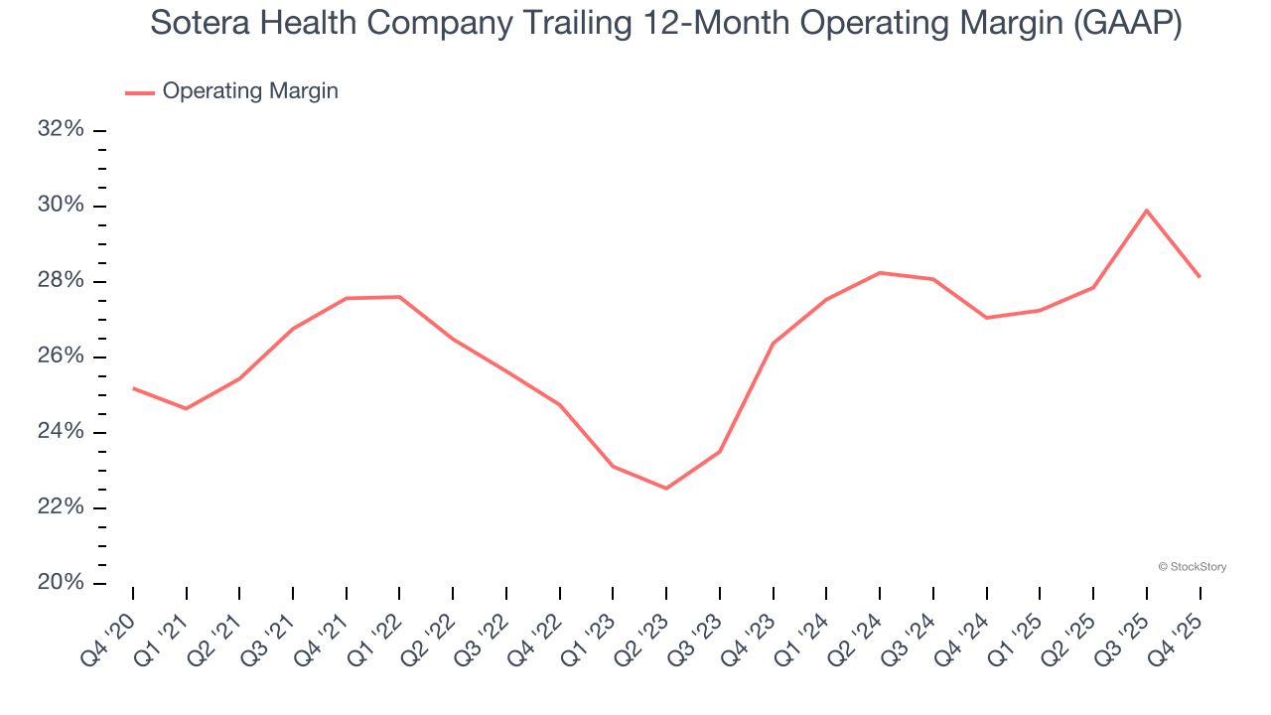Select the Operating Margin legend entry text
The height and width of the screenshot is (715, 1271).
(250, 91)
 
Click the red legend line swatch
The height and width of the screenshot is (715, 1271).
(139, 92)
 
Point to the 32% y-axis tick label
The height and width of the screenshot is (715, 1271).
(60, 130)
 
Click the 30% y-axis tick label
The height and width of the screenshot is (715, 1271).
(60, 206)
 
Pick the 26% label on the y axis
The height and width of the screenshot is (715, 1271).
(60, 357)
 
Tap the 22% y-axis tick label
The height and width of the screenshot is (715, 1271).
(60, 507)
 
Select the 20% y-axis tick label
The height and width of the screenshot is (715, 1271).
(60, 583)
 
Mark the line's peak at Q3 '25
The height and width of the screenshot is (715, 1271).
(1147, 210)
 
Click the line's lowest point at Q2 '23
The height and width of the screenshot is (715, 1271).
(666, 489)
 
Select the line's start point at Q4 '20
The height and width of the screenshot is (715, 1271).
(133, 387)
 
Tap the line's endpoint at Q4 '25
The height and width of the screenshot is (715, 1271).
(1200, 276)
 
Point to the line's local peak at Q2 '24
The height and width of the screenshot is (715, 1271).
(880, 272)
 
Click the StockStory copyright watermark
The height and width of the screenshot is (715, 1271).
(1192, 567)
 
